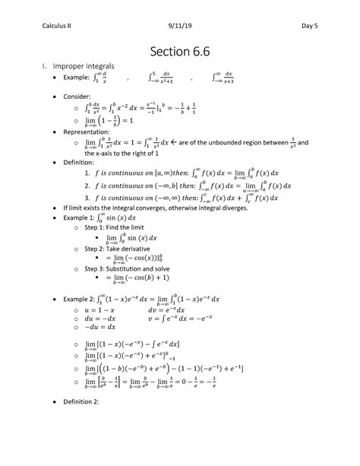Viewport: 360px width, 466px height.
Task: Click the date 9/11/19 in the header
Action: coord(180,8)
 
